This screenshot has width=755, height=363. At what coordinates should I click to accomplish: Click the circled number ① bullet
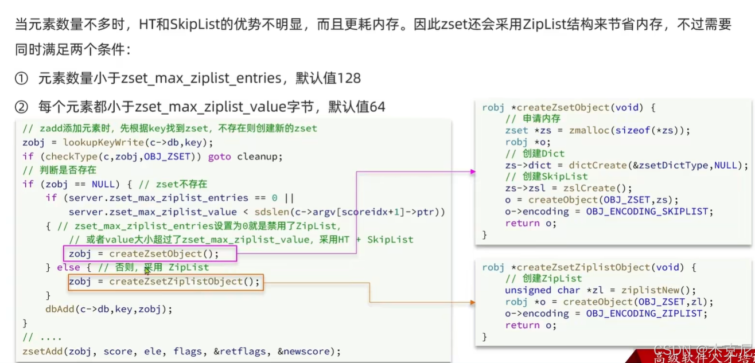21,79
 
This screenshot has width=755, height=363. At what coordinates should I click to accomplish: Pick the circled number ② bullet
21,107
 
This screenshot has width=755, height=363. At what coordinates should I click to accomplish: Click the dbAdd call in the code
60,309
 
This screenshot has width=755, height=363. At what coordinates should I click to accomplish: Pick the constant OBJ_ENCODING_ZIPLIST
644,314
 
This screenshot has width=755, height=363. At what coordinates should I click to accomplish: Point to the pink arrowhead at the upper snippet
472,171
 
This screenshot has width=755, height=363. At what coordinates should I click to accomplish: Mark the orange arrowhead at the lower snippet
472,302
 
